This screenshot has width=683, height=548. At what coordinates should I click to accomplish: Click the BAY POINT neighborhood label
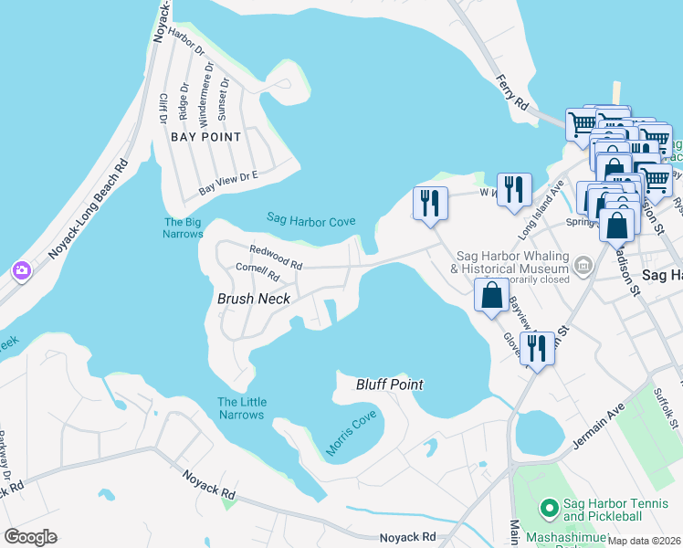pos(206,137)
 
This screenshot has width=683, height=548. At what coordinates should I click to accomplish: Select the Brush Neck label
pos(253,299)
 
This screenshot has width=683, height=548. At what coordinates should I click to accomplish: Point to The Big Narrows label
pos(183,227)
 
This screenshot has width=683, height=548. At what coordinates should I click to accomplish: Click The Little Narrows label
pos(241,408)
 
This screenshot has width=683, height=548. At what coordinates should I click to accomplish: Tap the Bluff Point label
pos(389,385)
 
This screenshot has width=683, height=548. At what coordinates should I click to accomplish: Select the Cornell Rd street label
pos(257,269)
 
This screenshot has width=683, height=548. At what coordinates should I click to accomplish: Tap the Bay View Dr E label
pos(229,182)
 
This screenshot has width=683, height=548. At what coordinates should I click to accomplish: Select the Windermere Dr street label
pos(205,92)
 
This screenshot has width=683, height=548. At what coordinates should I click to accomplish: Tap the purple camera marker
pos(20,270)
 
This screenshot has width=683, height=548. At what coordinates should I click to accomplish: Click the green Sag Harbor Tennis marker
pos(549,507)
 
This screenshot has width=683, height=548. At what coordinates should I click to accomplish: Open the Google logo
pos(30,537)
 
